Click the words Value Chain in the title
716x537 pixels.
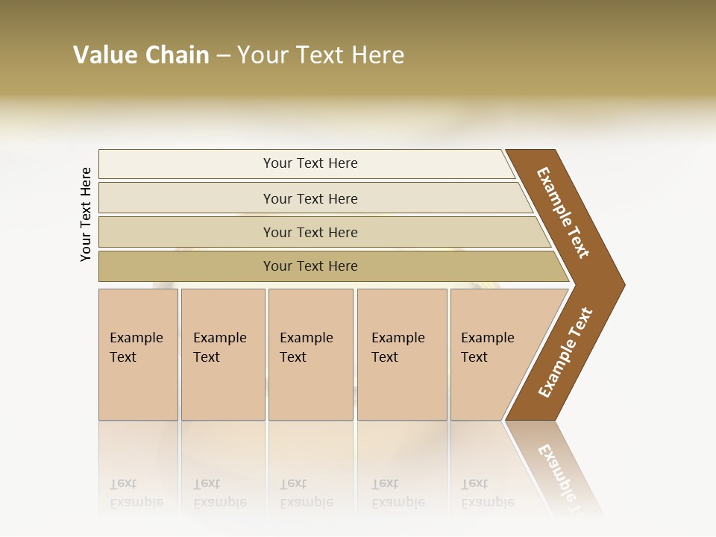pos(141,55)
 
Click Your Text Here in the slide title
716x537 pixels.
pos(321,55)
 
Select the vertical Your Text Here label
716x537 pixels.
pos(86,214)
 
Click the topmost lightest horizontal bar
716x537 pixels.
pos(310,163)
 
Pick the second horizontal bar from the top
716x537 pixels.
pos(310,198)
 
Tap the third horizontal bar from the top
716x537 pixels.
pos(310,232)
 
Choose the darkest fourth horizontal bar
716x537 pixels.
pos(310,266)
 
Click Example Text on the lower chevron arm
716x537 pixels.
pos(565,353)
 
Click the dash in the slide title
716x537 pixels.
pos(223,56)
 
